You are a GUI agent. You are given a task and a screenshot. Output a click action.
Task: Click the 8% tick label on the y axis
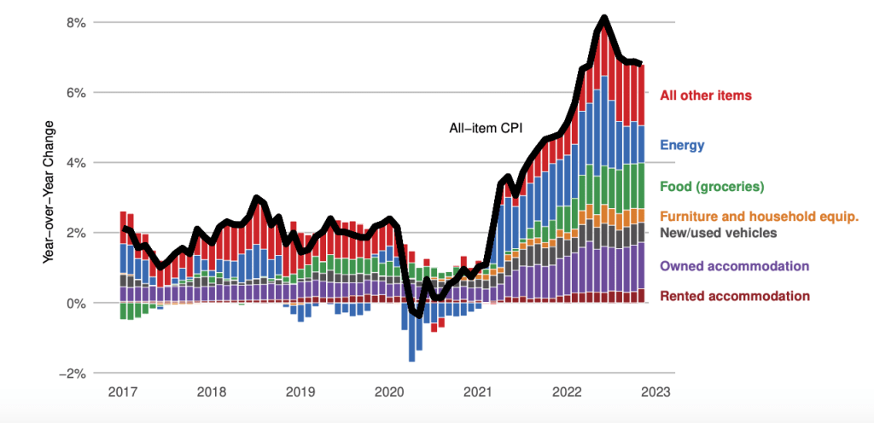click(75, 22)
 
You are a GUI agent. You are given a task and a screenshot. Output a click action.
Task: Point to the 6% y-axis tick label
click(75, 92)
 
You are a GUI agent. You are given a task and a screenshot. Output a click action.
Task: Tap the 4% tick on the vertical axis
click(75, 162)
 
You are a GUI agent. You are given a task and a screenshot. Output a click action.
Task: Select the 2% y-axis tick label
click(75, 233)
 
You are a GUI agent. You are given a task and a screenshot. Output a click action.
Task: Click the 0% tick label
click(75, 303)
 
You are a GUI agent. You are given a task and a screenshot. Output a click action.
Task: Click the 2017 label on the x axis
click(123, 391)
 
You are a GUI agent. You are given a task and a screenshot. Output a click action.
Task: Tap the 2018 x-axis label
click(212, 391)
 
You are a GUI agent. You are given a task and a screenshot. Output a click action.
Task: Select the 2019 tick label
click(300, 391)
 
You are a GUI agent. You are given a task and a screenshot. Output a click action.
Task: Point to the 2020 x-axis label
click(389, 391)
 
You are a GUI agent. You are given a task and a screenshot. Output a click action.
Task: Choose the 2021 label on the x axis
click(478, 391)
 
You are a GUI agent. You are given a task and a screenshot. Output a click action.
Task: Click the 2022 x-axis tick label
click(567, 391)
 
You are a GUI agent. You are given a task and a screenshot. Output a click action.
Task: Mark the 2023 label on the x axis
click(655, 391)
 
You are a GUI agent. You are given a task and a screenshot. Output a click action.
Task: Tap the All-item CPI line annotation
click(485, 129)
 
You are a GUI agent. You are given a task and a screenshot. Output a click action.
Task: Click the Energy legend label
click(682, 145)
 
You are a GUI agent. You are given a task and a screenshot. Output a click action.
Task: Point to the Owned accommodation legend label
click(734, 267)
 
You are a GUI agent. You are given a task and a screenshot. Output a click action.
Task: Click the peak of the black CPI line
click(603, 18)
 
